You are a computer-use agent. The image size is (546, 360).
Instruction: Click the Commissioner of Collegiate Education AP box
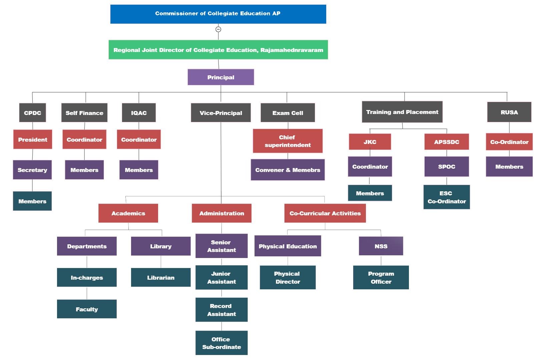[218, 14]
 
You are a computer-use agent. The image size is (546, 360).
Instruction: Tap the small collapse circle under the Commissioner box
[218, 29]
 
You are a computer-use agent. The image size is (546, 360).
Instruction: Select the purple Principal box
[221, 77]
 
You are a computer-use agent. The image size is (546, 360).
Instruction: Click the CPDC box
[33, 113]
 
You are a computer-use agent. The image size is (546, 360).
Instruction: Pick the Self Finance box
[84, 113]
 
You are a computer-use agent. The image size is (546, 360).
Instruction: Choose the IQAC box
[139, 113]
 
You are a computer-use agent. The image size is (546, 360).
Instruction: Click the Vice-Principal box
[221, 113]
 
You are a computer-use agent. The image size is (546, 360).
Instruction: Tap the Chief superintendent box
[288, 141]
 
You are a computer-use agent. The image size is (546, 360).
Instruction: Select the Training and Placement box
[402, 112]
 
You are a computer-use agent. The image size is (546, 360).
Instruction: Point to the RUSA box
[509, 112]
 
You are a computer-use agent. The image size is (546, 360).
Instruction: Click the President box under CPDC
[33, 139]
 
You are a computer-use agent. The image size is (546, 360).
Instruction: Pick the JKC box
[370, 142]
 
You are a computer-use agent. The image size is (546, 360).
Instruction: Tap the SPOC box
[447, 167]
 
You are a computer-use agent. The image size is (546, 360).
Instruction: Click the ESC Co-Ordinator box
[447, 197]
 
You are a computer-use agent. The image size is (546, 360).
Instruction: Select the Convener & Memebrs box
[288, 170]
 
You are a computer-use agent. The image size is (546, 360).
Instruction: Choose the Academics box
[128, 213]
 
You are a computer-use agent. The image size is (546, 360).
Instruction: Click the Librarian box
[161, 277]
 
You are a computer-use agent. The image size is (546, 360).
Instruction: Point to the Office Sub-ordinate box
[221, 343]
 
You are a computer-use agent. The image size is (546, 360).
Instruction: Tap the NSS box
[381, 246]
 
